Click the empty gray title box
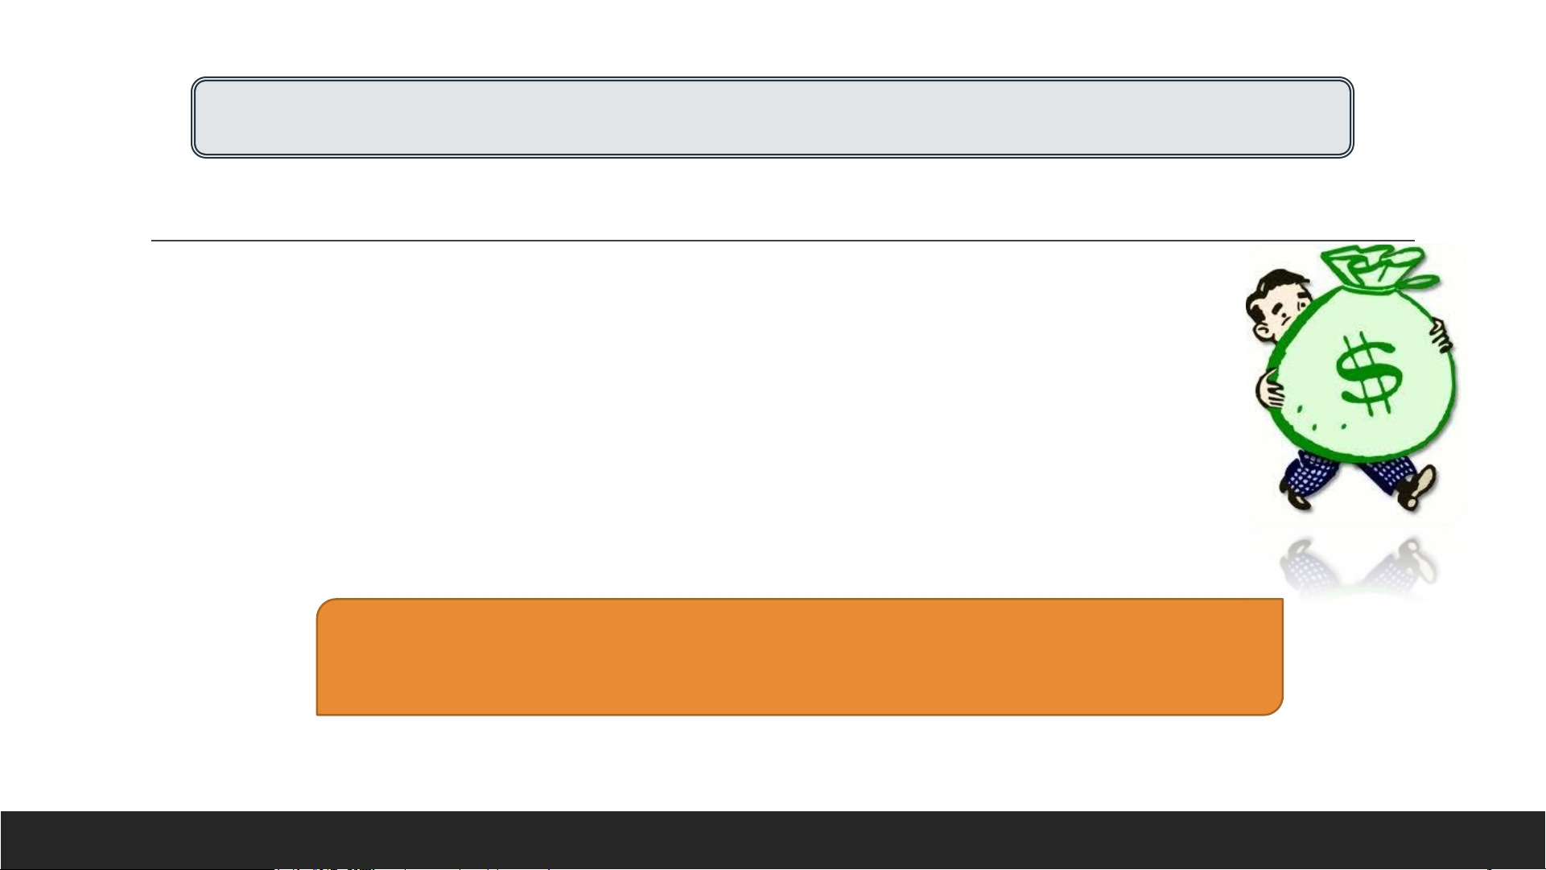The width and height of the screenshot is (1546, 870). (x=773, y=118)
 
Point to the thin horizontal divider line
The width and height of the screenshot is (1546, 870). (x=781, y=240)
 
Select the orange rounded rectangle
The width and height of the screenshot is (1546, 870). (x=799, y=657)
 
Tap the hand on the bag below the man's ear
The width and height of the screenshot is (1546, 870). (x=1272, y=390)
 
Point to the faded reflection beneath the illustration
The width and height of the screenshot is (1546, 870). (x=1356, y=567)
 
